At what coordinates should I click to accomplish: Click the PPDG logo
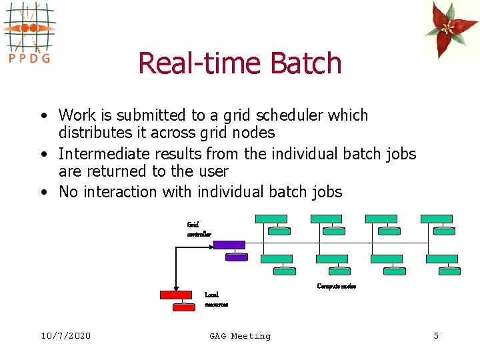click(28, 31)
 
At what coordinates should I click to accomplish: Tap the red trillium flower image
click(451, 29)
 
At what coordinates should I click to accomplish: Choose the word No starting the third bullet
click(69, 193)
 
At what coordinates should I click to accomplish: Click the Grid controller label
click(199, 229)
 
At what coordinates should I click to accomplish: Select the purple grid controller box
click(229, 245)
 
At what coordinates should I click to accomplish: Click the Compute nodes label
click(336, 286)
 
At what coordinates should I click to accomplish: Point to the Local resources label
click(216, 299)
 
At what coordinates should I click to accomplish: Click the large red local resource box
click(176, 295)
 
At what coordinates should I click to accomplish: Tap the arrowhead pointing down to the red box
click(176, 286)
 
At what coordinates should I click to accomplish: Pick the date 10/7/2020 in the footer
click(65, 336)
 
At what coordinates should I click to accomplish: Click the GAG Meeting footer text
click(240, 336)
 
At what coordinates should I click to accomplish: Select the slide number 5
click(436, 336)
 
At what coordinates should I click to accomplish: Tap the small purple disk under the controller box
click(237, 257)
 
